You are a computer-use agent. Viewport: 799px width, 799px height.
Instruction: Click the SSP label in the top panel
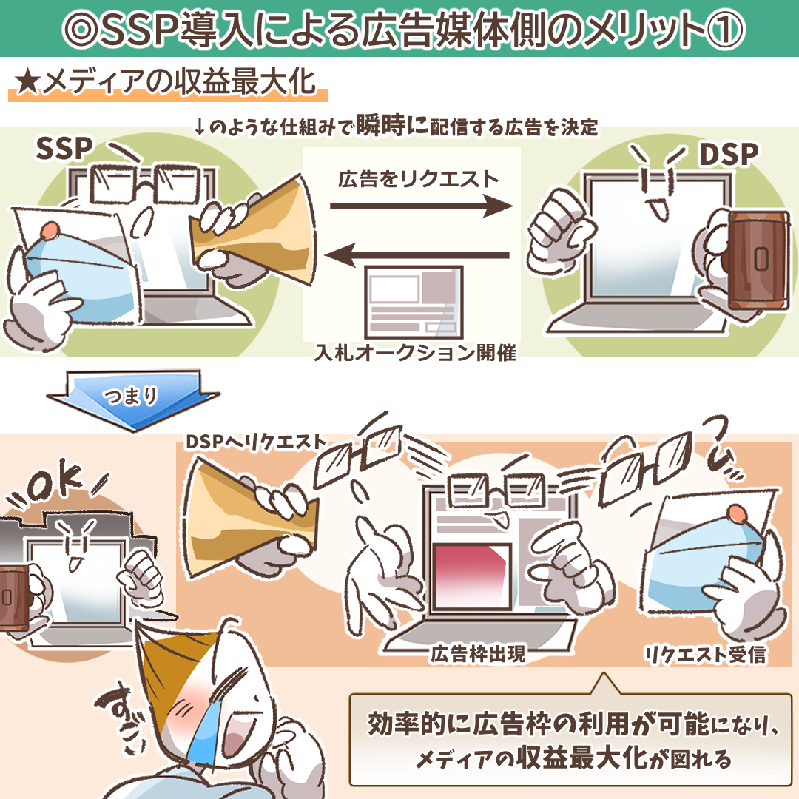(x=64, y=148)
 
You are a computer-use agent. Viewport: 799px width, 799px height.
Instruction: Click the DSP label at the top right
(x=729, y=154)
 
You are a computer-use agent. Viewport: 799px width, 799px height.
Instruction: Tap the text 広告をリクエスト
(x=418, y=179)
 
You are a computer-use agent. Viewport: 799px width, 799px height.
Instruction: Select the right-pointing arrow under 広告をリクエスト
(x=421, y=206)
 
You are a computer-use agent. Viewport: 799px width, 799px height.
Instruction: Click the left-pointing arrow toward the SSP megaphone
(x=417, y=254)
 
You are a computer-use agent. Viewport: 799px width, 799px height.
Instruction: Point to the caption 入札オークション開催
(x=415, y=353)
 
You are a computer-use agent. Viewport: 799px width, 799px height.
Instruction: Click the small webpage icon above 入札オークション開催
(x=414, y=302)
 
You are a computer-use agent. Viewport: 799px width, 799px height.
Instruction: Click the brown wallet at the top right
(x=758, y=260)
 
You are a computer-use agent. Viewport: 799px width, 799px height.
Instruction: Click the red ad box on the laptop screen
(x=471, y=576)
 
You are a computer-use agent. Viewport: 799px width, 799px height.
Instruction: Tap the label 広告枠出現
(x=477, y=654)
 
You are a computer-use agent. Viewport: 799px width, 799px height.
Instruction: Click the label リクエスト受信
(x=705, y=654)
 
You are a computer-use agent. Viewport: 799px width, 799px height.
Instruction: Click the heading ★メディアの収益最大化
(x=166, y=82)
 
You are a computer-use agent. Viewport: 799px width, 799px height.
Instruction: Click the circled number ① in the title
(x=725, y=29)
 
